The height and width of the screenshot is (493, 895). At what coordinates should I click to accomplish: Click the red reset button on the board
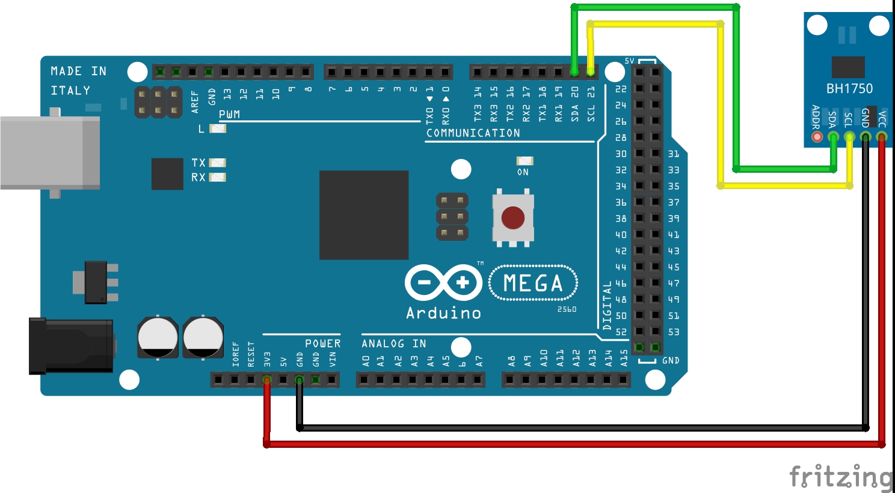tap(512, 217)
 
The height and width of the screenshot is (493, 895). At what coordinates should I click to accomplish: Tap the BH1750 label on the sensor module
tap(849, 88)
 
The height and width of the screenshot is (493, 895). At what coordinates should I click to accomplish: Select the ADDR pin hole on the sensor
tap(817, 137)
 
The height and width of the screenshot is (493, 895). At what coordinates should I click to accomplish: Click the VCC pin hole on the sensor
tap(882, 137)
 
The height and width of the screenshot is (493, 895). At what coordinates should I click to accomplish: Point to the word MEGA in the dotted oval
tap(533, 283)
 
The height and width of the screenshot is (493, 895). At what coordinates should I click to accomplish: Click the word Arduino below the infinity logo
tap(443, 313)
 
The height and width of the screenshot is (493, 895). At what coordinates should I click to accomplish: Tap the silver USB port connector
tap(50, 153)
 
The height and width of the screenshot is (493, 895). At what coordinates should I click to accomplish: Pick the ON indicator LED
tap(524, 161)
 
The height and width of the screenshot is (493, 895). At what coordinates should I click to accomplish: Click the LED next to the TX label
tap(217, 163)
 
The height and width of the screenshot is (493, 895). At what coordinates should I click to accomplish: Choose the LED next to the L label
tap(217, 128)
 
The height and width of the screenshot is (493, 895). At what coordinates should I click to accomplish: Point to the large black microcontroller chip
tap(364, 215)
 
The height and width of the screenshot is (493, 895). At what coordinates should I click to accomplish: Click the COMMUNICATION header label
tap(473, 133)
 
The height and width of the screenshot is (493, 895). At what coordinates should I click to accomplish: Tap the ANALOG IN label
tap(393, 344)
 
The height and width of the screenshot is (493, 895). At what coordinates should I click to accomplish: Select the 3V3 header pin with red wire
tap(267, 380)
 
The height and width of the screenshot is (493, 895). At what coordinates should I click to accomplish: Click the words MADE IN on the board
tap(78, 71)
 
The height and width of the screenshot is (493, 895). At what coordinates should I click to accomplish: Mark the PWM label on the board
tap(229, 114)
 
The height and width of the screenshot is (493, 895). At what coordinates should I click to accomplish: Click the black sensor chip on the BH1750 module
tap(848, 67)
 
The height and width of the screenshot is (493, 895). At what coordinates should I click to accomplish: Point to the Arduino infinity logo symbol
tap(443, 282)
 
